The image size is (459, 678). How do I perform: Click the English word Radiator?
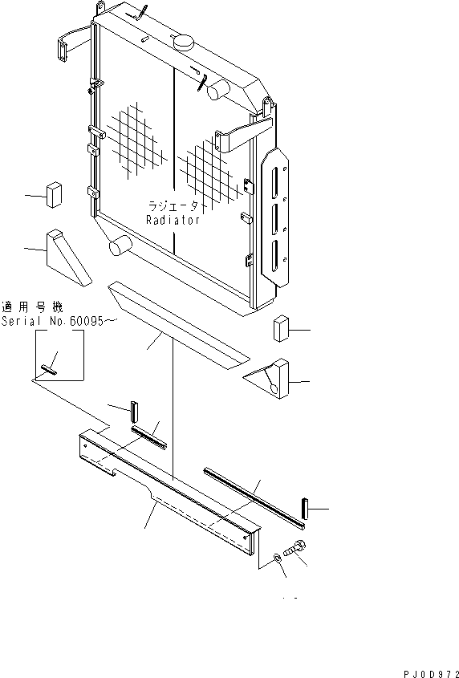173,220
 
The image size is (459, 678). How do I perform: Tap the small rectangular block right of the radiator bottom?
280,330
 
